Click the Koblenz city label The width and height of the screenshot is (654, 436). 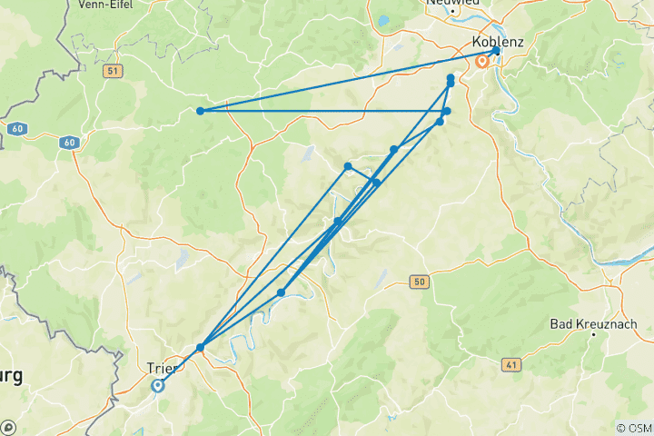tap(498, 43)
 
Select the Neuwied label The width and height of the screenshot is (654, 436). tap(451, 3)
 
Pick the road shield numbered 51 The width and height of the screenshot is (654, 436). tap(113, 71)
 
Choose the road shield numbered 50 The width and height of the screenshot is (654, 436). tap(418, 282)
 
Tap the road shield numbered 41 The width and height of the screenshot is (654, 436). tap(510, 363)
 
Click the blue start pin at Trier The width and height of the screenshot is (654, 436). tap(157, 386)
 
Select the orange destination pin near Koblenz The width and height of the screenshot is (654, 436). tap(482, 63)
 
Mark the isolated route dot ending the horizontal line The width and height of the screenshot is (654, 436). tap(200, 111)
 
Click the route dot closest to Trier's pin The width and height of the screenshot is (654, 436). tap(200, 347)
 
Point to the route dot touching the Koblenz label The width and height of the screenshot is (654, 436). tap(496, 51)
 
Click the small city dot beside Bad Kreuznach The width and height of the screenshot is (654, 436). tap(593, 335)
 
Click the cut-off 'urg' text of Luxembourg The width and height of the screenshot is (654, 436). tap(13, 375)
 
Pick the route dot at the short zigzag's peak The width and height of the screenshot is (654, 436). tap(348, 166)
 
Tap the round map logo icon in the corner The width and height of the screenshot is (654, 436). tap(8, 427)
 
